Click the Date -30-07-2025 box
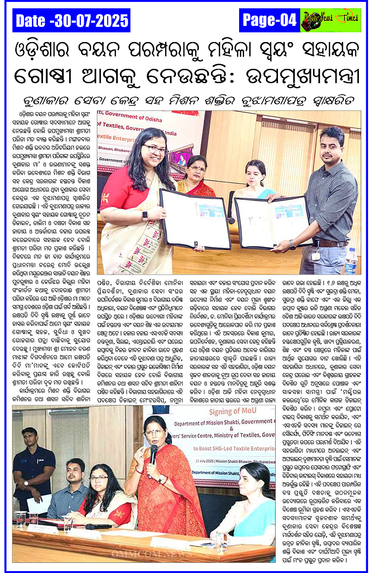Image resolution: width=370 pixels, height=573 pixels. tap(72, 20)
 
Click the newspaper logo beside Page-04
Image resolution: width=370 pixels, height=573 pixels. tap(330, 20)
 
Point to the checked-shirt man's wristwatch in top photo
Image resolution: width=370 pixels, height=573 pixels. tap(292, 244)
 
